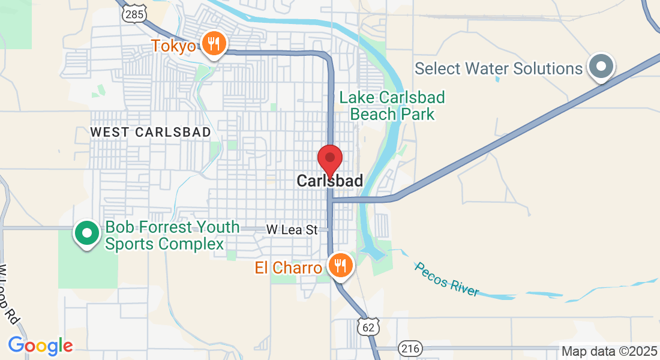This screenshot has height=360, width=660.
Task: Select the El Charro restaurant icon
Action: tap(340, 265)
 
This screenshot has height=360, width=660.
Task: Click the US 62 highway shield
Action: tap(368, 326)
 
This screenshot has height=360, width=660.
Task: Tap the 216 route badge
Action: tap(412, 347)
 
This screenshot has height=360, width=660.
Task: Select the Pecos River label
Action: tap(448, 279)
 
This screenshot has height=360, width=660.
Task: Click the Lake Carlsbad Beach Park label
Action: tap(392, 106)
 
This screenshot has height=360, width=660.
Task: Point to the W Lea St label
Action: tap(292, 229)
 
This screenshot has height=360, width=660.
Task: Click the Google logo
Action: tap(40, 346)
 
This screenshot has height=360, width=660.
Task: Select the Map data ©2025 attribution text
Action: tap(608, 351)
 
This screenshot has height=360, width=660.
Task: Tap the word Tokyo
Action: tap(174, 46)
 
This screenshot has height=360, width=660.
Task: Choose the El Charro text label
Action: tap(288, 268)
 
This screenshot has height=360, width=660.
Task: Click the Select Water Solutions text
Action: tap(499, 68)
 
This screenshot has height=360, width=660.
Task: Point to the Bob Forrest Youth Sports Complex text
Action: tap(172, 236)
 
